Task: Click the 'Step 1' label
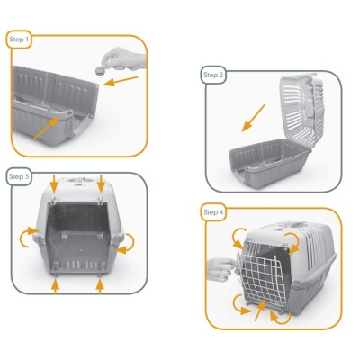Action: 19,40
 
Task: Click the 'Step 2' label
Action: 213,76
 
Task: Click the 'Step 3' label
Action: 19,177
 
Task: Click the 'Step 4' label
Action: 213,211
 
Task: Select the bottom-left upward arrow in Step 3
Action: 56,285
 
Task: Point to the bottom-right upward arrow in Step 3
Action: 98,285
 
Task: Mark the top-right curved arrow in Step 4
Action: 293,239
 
